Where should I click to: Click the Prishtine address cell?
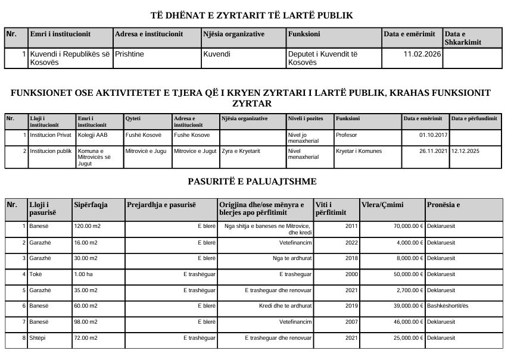pyautogui.click(x=129, y=54)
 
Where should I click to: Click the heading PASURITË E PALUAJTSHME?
pyautogui.click(x=256, y=181)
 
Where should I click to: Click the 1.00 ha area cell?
pyautogui.click(x=84, y=274)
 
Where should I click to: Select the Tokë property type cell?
pyautogui.click(x=37, y=274)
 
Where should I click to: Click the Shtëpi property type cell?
pyautogui.click(x=39, y=338)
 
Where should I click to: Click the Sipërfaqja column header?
pyautogui.click(x=91, y=205)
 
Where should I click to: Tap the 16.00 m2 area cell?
pyautogui.click(x=86, y=242)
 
